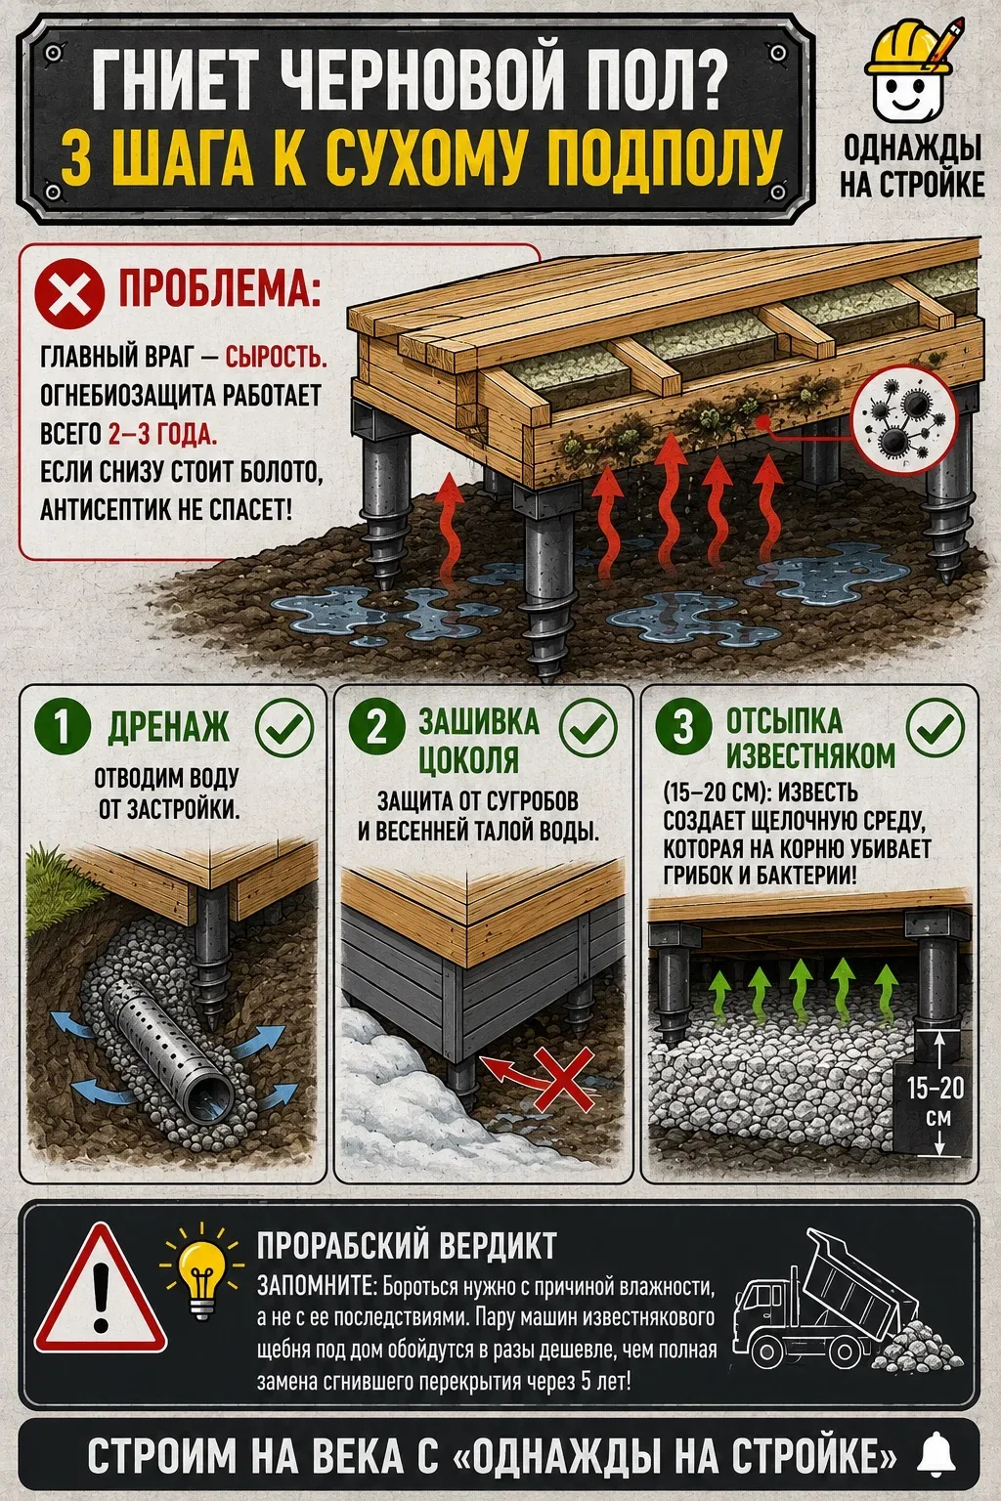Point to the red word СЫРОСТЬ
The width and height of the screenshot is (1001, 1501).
click(276, 357)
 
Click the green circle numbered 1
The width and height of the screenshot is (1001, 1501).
click(63, 726)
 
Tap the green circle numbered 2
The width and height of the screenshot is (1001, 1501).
click(376, 726)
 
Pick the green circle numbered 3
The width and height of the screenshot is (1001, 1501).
click(683, 726)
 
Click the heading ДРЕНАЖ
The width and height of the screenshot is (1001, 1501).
click(168, 726)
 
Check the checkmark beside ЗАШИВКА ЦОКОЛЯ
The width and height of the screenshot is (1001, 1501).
click(588, 728)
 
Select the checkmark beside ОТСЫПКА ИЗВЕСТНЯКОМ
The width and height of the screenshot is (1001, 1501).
click(935, 727)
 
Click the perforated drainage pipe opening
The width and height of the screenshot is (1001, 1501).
click(210, 1102)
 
